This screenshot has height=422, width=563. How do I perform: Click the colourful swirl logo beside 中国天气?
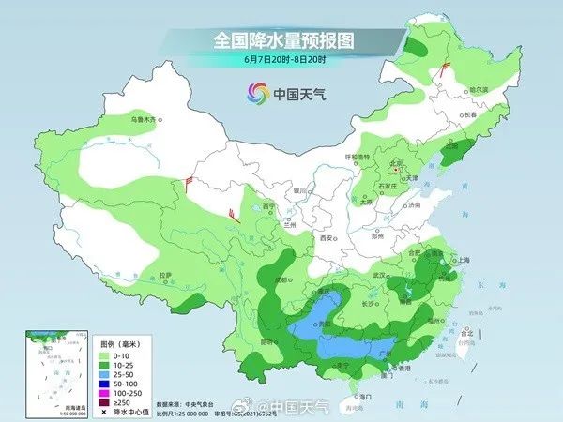click(x=257, y=93)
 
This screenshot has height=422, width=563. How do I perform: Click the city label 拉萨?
click(x=166, y=274)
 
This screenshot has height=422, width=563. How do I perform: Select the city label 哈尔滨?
click(x=479, y=89)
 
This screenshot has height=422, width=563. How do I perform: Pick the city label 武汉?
click(x=379, y=275)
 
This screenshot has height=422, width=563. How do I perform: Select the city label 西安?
click(x=326, y=238)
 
